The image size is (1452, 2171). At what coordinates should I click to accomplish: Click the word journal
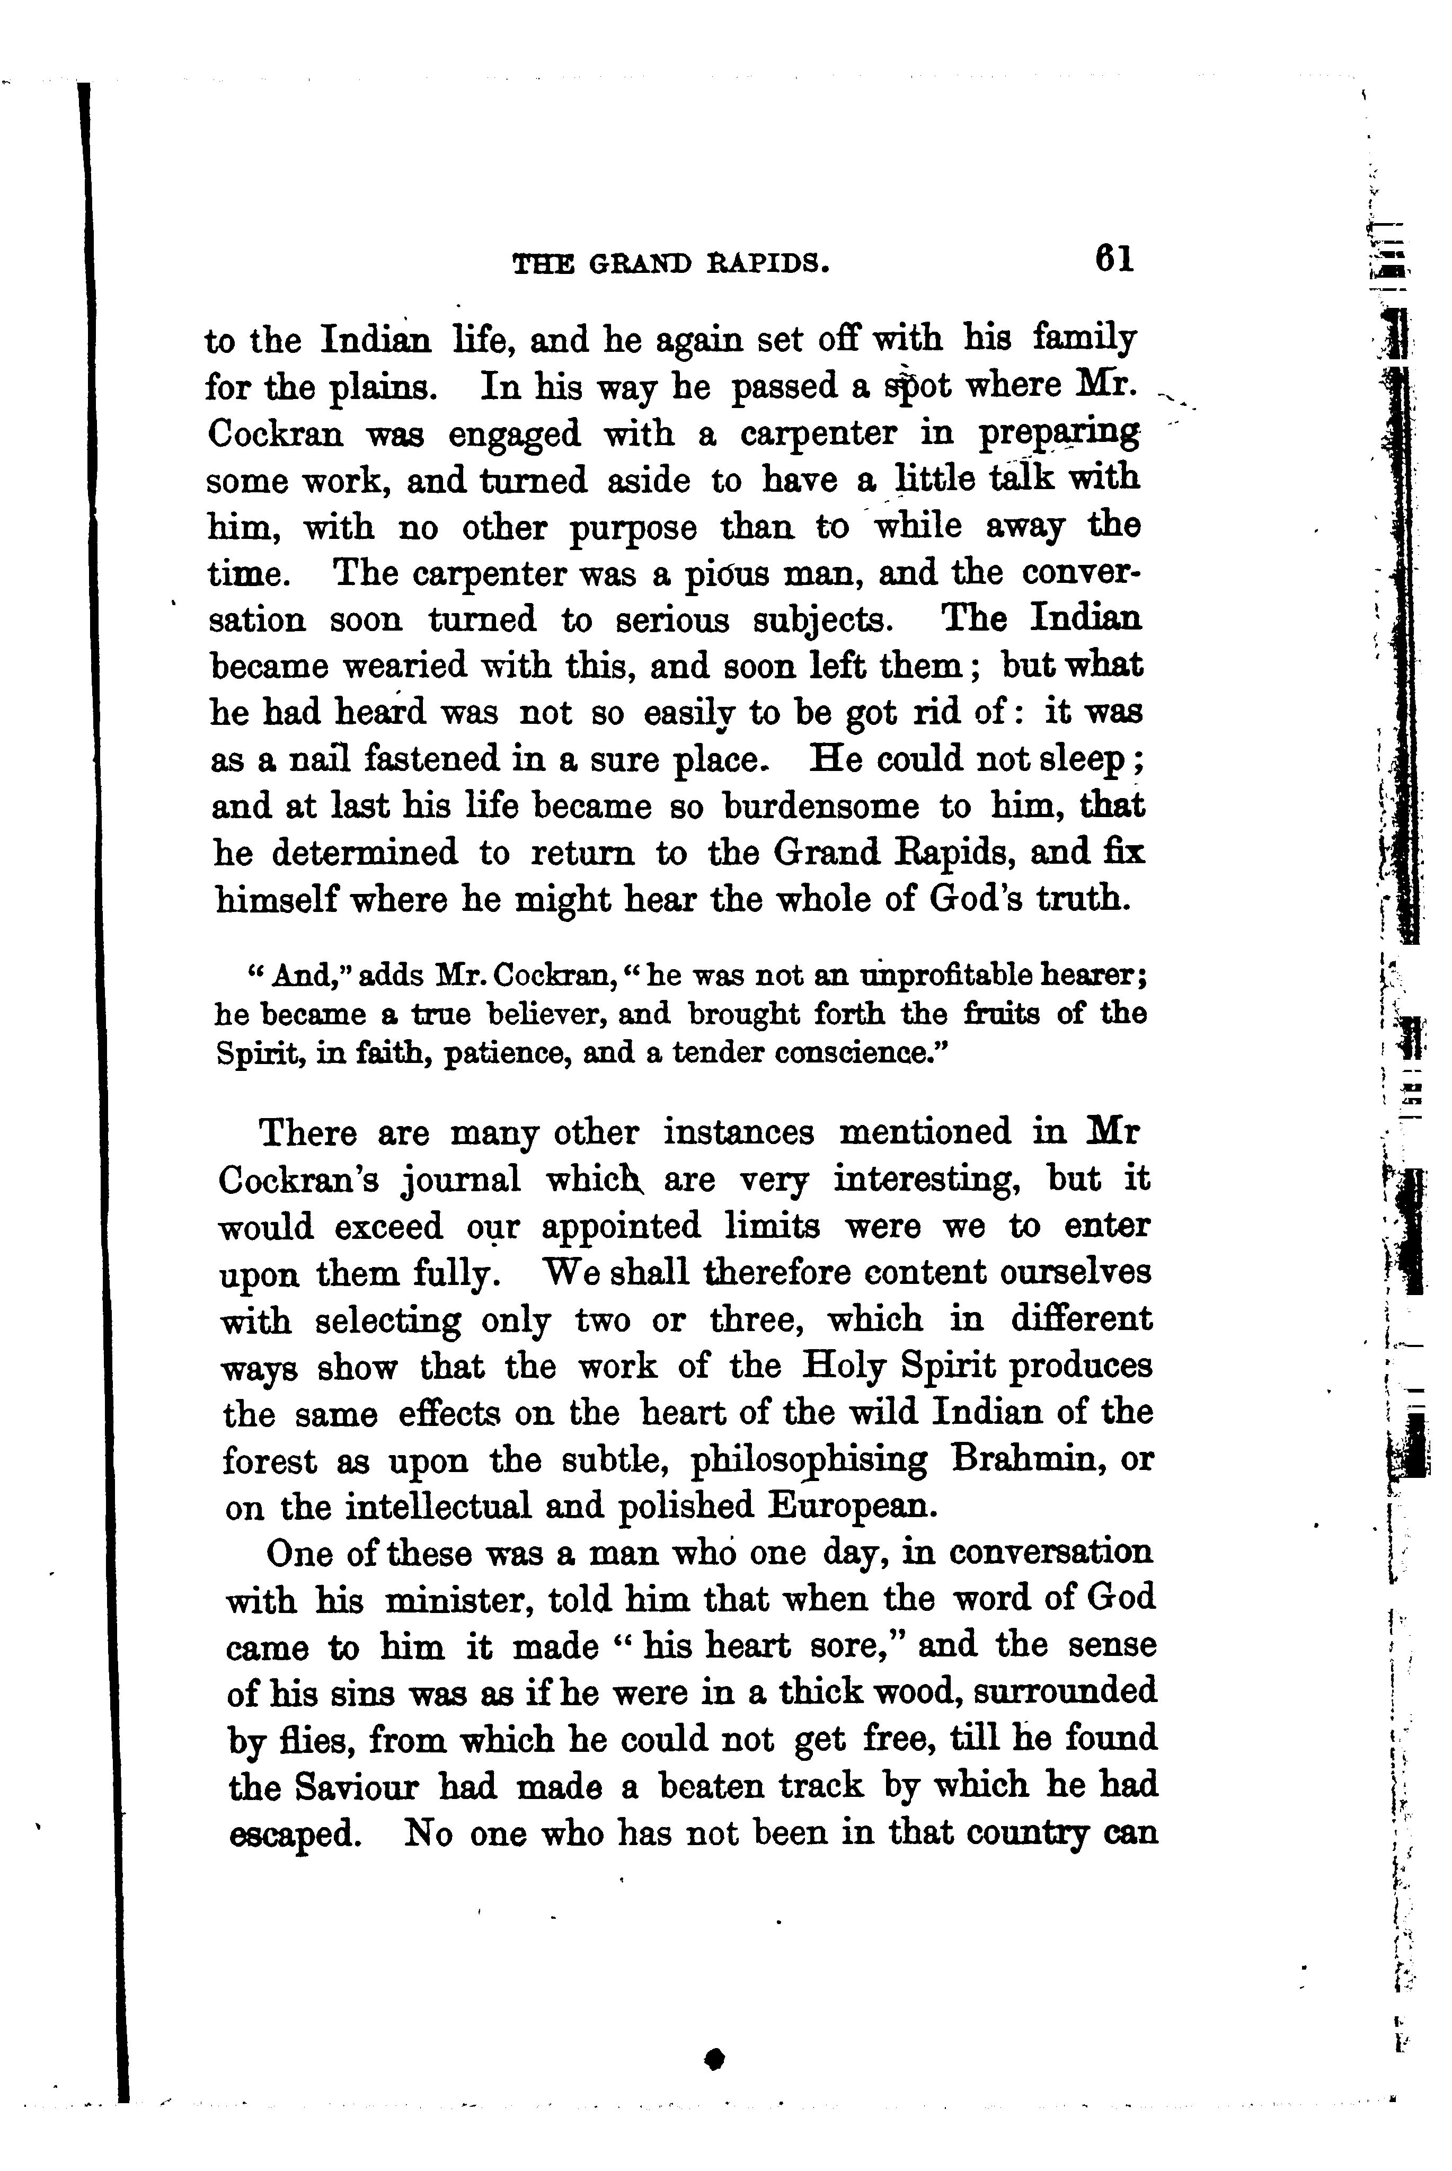pos(461,1180)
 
